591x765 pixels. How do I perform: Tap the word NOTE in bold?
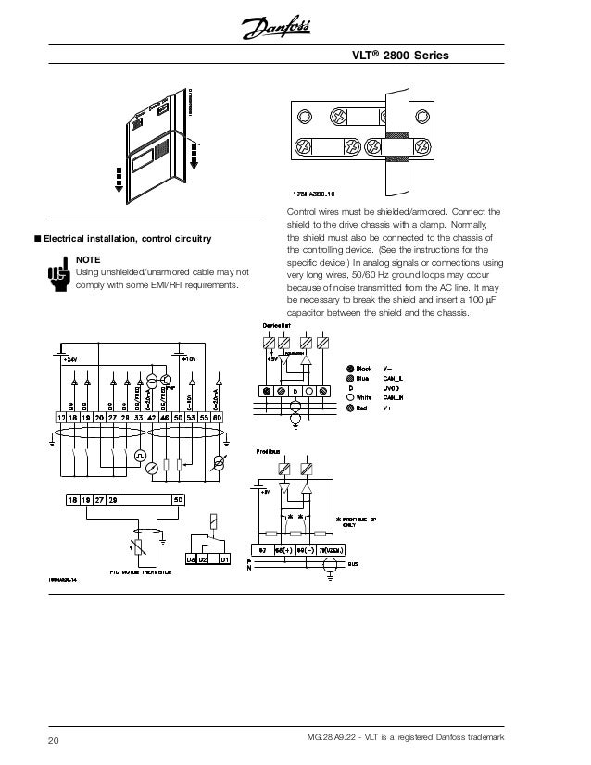88,260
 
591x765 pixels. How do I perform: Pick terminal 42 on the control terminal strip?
151,419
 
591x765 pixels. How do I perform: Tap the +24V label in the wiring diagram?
70,357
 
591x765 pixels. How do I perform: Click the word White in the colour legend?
364,397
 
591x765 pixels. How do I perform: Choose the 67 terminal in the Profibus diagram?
262,550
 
